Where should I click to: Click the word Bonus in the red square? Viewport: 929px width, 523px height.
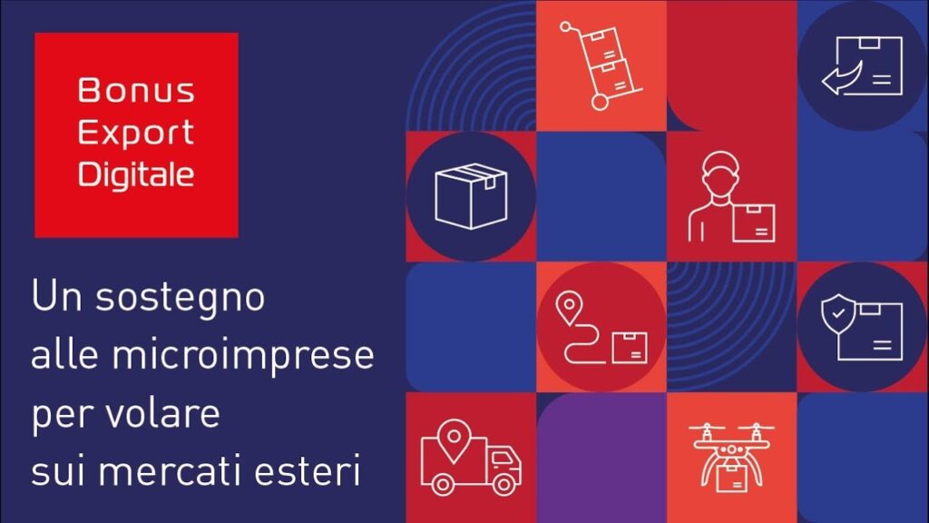tap(136, 90)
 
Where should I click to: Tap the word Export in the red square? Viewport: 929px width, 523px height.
tap(136, 133)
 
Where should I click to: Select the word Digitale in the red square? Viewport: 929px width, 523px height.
tap(136, 174)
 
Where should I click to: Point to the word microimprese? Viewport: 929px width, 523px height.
tap(243, 356)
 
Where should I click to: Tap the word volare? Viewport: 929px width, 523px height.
tap(162, 413)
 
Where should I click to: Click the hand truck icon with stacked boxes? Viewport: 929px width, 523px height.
tap(601, 65)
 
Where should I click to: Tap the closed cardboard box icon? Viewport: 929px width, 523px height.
tap(471, 196)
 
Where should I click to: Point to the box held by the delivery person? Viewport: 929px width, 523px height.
tap(754, 223)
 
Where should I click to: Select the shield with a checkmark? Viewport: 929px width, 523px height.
tap(837, 314)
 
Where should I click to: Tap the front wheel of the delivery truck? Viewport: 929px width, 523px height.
tap(504, 485)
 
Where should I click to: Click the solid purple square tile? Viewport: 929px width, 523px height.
tap(601, 458)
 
